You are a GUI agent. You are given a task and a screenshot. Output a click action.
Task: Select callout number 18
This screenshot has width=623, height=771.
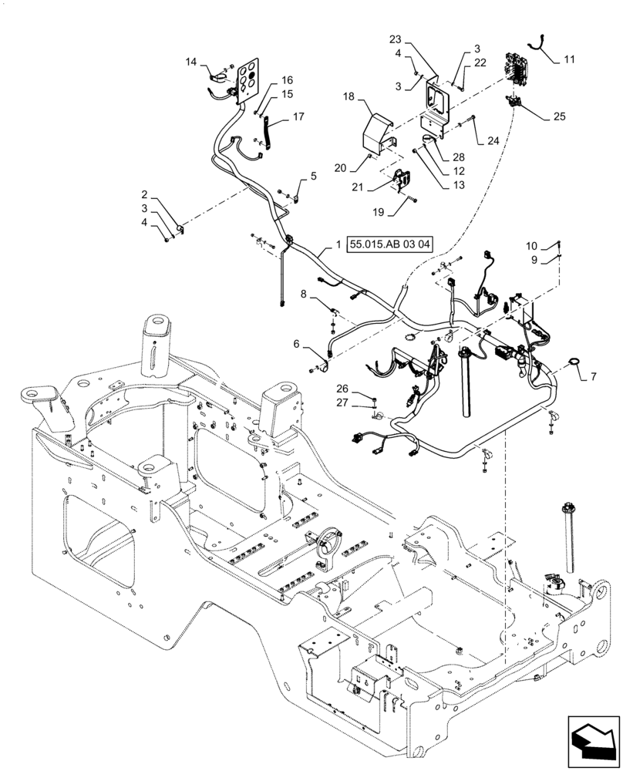point(349,98)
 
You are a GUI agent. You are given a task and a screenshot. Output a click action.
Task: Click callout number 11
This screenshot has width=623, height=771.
point(569,59)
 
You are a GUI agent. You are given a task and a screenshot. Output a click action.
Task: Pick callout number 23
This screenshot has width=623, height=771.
point(394,38)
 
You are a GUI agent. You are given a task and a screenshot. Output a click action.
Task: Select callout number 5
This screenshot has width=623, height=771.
point(313,177)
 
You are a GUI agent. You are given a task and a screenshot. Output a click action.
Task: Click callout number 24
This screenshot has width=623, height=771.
point(494,141)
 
